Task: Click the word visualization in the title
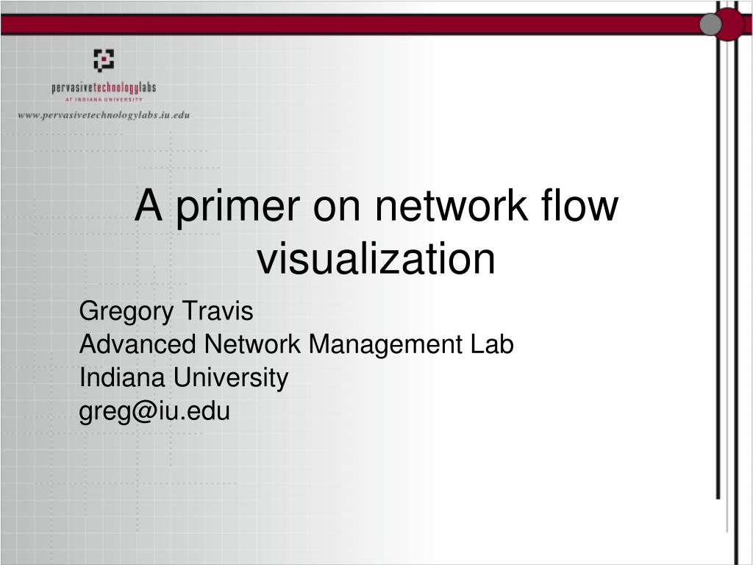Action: pos(376,258)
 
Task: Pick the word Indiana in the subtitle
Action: pos(123,377)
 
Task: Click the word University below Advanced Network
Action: pos(231,378)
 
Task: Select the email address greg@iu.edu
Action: pos(154,411)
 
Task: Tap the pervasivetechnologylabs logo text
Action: pos(104,89)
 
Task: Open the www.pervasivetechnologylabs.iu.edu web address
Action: pos(104,115)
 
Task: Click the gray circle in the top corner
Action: pos(710,24)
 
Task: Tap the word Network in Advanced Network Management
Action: pos(250,344)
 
